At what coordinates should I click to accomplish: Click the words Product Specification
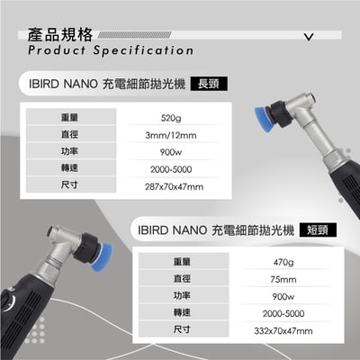point(110,51)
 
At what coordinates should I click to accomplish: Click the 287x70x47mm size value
point(174,186)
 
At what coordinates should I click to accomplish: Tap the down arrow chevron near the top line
point(309,39)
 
